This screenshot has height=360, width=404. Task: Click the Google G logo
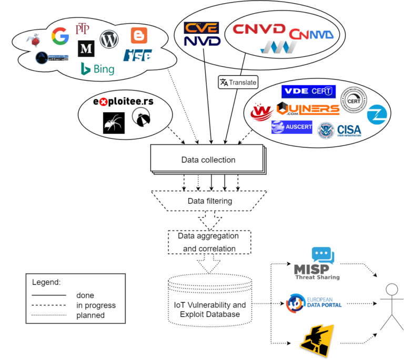click(60, 36)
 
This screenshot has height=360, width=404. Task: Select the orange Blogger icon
click(138, 35)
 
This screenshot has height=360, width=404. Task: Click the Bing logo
click(97, 68)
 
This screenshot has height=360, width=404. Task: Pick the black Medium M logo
click(85, 49)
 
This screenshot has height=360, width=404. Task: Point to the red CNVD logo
click(259, 28)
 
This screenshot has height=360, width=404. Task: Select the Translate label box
click(238, 82)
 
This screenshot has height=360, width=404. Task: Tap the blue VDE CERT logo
click(308, 91)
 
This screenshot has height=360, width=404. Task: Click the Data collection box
click(208, 159)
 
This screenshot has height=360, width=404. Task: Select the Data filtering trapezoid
click(209, 201)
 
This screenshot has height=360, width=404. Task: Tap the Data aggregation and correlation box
click(208, 242)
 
